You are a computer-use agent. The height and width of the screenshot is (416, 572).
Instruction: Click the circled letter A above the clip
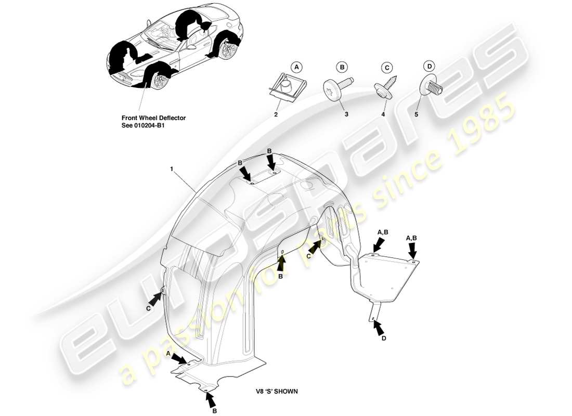coord(296,67)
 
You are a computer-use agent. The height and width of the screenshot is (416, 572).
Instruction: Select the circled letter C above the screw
coord(387,67)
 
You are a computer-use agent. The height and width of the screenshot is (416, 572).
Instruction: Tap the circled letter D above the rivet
coord(429,66)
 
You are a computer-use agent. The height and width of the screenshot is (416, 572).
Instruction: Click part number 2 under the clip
coord(276,114)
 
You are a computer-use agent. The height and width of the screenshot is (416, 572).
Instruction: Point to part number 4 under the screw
coord(383,114)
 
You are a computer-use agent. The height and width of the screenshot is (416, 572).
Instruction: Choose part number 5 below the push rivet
coord(416,114)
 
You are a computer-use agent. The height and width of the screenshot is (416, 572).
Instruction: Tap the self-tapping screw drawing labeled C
coord(386,86)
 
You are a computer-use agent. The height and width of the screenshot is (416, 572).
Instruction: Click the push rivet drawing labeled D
coord(432,85)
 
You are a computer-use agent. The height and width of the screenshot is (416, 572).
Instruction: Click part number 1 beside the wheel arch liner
coord(171,169)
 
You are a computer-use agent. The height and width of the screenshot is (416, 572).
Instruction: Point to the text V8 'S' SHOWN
coord(277,392)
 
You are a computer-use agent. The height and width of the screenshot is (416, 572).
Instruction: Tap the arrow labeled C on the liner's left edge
coord(155,299)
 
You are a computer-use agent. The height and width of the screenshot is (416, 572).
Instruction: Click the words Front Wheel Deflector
coord(153,118)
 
